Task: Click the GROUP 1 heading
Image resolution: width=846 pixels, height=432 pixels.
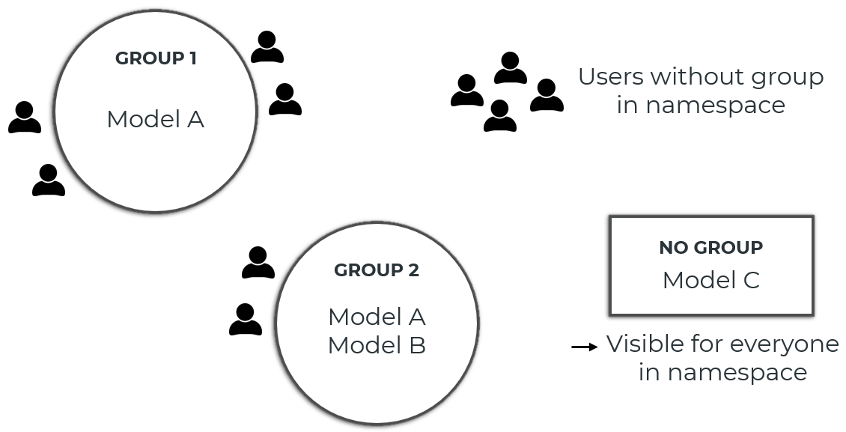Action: pyautogui.click(x=156, y=58)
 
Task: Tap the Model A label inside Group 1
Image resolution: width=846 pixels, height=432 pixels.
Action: pyautogui.click(x=155, y=119)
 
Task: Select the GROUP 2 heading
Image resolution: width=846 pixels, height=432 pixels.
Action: pyautogui.click(x=377, y=270)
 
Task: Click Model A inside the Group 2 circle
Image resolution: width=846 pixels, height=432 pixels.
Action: pyautogui.click(x=377, y=317)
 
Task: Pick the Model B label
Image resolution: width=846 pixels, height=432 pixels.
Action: pyautogui.click(x=377, y=346)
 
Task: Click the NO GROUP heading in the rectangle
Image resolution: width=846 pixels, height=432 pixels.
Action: pyautogui.click(x=710, y=248)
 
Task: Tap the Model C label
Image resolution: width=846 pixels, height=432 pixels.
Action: pyautogui.click(x=710, y=280)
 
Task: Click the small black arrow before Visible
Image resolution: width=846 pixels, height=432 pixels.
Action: pyautogui.click(x=584, y=347)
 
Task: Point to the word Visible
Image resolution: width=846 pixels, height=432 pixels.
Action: pyautogui.click(x=645, y=344)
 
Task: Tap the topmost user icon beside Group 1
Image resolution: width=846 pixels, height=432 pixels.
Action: pyautogui.click(x=267, y=47)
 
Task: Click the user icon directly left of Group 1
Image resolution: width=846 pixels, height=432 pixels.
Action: pyautogui.click(x=25, y=118)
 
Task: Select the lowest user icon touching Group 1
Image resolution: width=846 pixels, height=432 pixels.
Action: pyautogui.click(x=49, y=180)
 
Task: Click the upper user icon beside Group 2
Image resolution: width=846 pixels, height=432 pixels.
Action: pyautogui.click(x=258, y=263)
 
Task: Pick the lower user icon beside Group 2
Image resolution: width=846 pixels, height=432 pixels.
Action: pyautogui.click(x=246, y=320)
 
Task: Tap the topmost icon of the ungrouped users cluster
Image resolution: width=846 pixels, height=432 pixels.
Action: pyautogui.click(x=511, y=68)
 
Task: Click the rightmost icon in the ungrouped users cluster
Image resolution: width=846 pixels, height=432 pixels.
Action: pyautogui.click(x=547, y=95)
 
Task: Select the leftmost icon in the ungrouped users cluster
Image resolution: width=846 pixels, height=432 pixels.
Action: pyautogui.click(x=467, y=91)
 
